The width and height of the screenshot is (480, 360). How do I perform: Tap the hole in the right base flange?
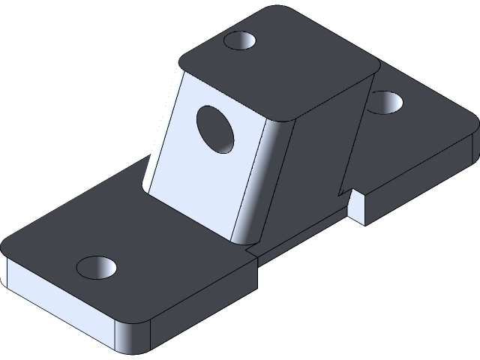tap(385, 101)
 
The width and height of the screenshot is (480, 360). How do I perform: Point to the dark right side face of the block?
tap(315, 165)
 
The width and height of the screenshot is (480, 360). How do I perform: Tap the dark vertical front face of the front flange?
tap(202, 307)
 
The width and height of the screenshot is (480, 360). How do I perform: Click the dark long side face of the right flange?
tap(420, 180)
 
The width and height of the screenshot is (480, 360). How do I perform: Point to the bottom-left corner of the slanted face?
tap(145, 187)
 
